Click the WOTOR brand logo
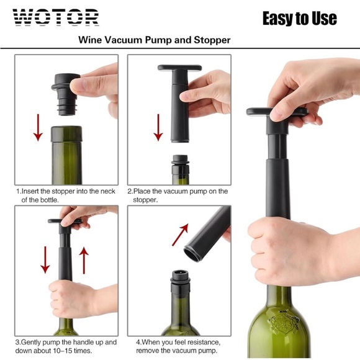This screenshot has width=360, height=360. click(55, 17)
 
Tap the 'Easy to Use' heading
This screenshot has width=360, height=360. click(299, 18)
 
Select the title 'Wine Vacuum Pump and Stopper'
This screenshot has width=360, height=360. click(155, 40)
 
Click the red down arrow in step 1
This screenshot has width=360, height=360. click(38, 127)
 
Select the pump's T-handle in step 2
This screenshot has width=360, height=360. click(179, 68)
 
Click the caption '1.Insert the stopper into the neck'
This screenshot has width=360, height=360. click(66, 191)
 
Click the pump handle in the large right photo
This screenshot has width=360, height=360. click(277, 112)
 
